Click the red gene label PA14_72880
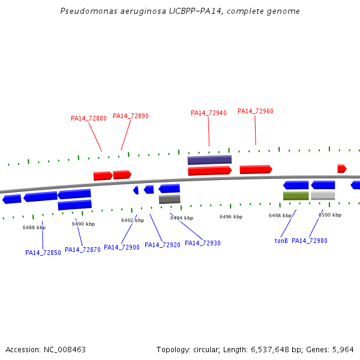pos(89,118)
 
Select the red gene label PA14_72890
pos(131,116)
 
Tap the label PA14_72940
pos(209,113)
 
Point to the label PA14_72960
pos(256,112)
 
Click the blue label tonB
pos(281,241)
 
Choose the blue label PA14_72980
pos(309,241)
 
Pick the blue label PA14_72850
pos(43,253)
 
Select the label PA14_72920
pos(163,245)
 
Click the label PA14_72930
pos(203,243)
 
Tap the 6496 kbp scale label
pos(231,217)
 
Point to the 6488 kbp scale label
pos(34,227)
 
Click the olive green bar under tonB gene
pos(296,196)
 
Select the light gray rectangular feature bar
pos(323,196)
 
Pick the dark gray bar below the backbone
pos(169,199)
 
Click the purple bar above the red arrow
pos(209,160)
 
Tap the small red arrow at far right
pos(342,169)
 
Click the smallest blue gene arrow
pos(136,190)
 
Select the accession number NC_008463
pos(65,350)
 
